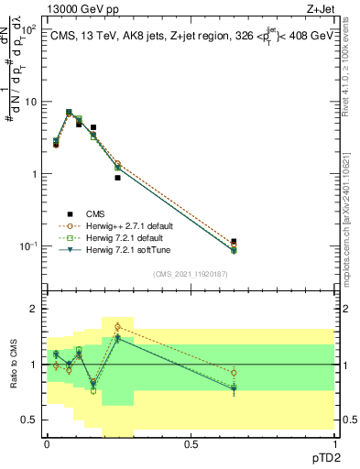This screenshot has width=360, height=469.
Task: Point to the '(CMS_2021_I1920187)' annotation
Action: pyautogui.click(x=191, y=274)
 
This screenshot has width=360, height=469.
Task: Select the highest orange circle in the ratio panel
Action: pyautogui.click(x=117, y=326)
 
